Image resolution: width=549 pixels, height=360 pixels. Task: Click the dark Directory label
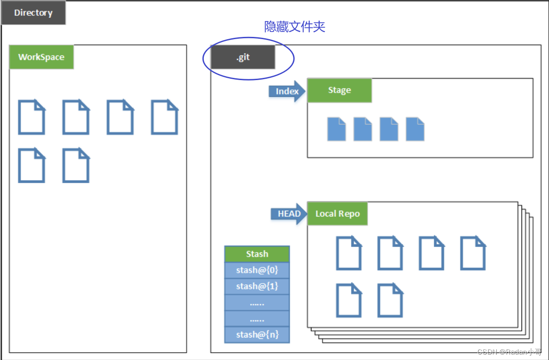pyautogui.click(x=33, y=13)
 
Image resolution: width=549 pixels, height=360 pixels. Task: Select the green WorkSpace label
pyautogui.click(x=41, y=57)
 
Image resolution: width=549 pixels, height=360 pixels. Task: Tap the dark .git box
pyautogui.click(x=243, y=58)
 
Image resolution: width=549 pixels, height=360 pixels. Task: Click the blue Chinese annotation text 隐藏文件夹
pyautogui.click(x=295, y=27)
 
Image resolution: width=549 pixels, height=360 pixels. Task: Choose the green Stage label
pyautogui.click(x=339, y=90)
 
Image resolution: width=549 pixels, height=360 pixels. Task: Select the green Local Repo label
pyautogui.click(x=337, y=214)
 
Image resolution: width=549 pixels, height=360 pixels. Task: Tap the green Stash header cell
pyautogui.click(x=257, y=254)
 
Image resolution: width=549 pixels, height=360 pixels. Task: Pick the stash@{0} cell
pyautogui.click(x=257, y=270)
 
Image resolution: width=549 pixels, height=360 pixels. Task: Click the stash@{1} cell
pyautogui.click(x=257, y=286)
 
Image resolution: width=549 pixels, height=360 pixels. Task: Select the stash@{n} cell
pyautogui.click(x=257, y=335)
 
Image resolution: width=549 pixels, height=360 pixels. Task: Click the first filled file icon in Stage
pyautogui.click(x=337, y=129)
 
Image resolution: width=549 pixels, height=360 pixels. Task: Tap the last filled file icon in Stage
pyautogui.click(x=415, y=129)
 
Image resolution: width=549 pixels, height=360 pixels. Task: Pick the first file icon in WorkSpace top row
pyautogui.click(x=31, y=117)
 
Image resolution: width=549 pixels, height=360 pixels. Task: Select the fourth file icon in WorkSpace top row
pyautogui.click(x=164, y=117)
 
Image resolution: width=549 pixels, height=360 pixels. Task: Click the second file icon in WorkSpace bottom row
pyautogui.click(x=76, y=165)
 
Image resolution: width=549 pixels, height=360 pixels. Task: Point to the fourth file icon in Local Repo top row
pyautogui.click(x=472, y=253)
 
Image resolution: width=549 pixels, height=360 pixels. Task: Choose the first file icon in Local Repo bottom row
pyautogui.click(x=349, y=300)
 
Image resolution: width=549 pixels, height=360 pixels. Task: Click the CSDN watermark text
pyautogui.click(x=509, y=352)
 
